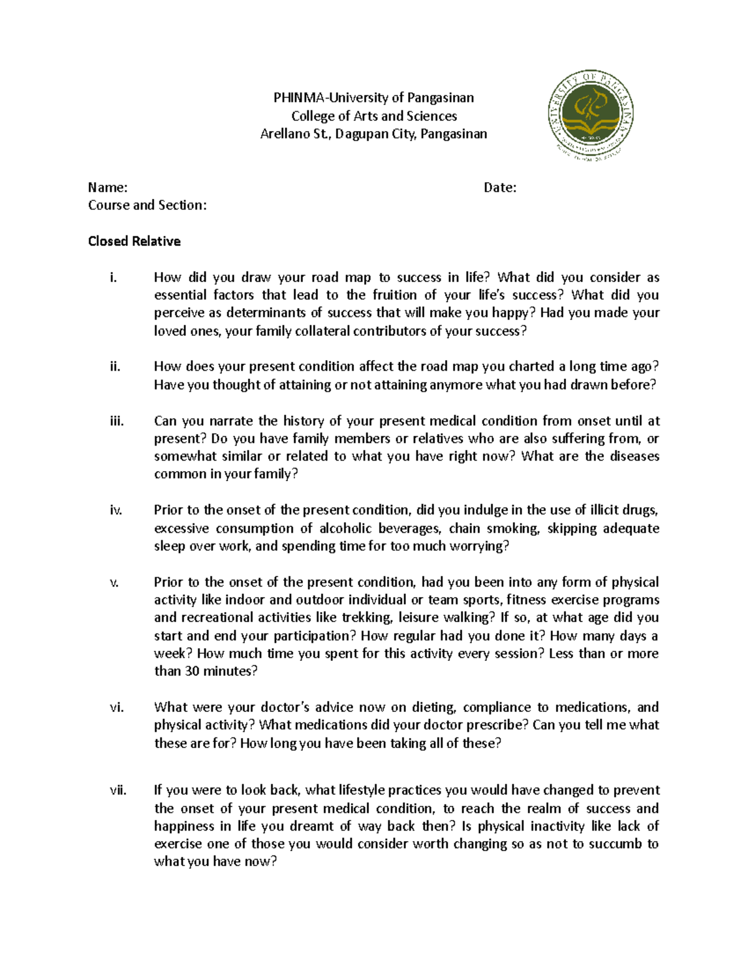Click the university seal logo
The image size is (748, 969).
[x=590, y=115]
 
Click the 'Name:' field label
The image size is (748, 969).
[x=108, y=187]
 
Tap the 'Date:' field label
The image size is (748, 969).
[x=500, y=187]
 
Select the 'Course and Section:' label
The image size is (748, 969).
[x=147, y=205]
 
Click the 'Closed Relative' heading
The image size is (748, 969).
[x=134, y=241]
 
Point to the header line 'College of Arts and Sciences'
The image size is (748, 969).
[x=374, y=116]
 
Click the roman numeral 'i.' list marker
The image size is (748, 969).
[x=113, y=278]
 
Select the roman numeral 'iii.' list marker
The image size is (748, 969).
[x=117, y=421]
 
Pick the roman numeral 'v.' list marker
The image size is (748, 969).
[x=114, y=583]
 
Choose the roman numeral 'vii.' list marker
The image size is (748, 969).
[x=118, y=791]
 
